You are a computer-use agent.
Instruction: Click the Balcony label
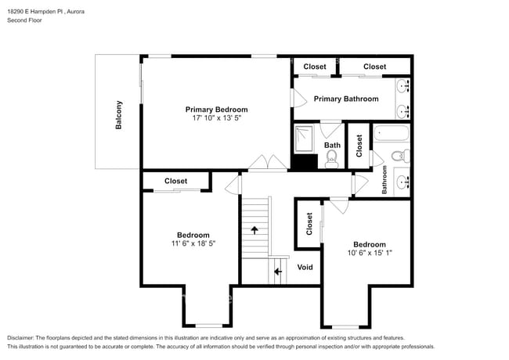pyautogui.click(x=119, y=115)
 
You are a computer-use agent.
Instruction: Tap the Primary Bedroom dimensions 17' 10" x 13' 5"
pyautogui.click(x=216, y=119)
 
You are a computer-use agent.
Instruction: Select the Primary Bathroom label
pyautogui.click(x=346, y=99)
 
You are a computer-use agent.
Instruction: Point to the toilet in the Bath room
pyautogui.click(x=330, y=160)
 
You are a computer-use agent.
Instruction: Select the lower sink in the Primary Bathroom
pyautogui.click(x=403, y=110)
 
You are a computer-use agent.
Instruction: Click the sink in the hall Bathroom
pyautogui.click(x=402, y=182)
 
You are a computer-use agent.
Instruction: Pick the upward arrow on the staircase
pyautogui.click(x=254, y=229)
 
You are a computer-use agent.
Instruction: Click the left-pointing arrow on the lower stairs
pyautogui.click(x=278, y=272)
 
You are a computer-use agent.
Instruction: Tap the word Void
pyautogui.click(x=305, y=268)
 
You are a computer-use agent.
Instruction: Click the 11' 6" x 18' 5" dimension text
pyautogui.click(x=193, y=244)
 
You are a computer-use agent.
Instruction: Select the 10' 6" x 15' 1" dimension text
pyautogui.click(x=369, y=253)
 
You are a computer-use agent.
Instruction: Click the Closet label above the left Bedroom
pyautogui.click(x=175, y=181)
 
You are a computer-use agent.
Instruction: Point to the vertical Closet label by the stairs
pyautogui.click(x=309, y=224)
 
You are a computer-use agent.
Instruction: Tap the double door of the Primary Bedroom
pyautogui.click(x=266, y=164)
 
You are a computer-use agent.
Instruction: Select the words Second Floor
pyautogui.click(x=25, y=20)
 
